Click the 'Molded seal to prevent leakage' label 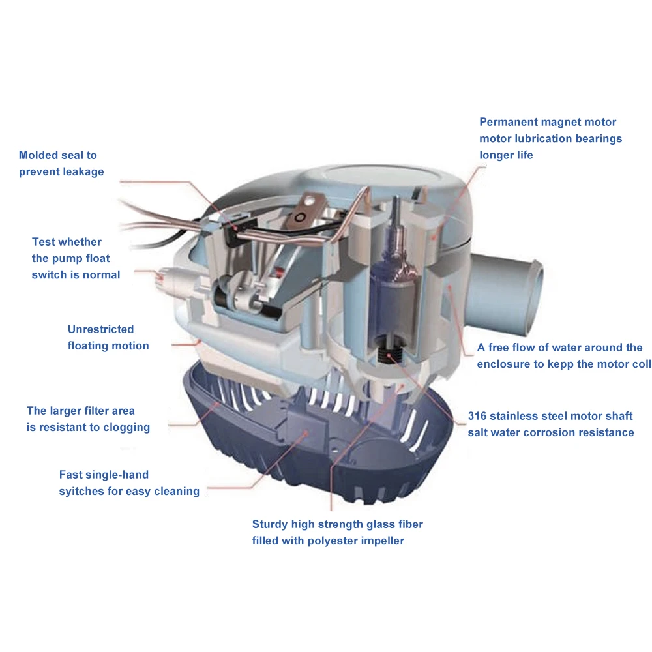(x=61, y=164)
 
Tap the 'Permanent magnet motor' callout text (x=547, y=122)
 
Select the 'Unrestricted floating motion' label (x=108, y=338)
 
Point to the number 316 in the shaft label (x=479, y=416)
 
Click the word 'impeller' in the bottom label (x=380, y=541)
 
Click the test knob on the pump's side (x=168, y=282)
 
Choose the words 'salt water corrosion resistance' (x=550, y=432)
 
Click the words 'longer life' (x=506, y=155)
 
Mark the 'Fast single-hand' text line (x=104, y=475)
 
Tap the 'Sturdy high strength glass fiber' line (x=337, y=524)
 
